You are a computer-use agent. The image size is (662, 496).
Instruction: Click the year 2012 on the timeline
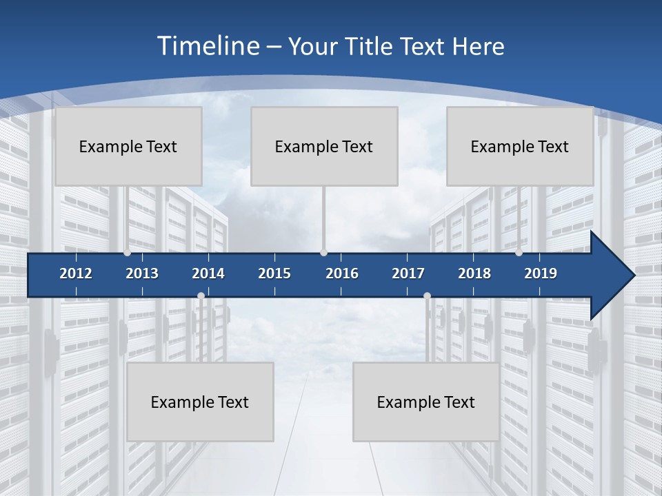pyautogui.click(x=76, y=273)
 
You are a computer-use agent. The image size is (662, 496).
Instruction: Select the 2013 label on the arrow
pyautogui.click(x=142, y=273)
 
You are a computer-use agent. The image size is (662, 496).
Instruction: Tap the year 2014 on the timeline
pyautogui.click(x=208, y=273)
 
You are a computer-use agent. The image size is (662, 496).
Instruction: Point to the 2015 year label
pyautogui.click(x=274, y=273)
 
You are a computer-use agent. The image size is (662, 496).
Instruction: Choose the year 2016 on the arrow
pyautogui.click(x=342, y=273)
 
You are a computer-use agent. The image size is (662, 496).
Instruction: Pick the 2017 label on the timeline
pyautogui.click(x=408, y=273)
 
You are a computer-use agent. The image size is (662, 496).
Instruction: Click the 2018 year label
pyautogui.click(x=474, y=273)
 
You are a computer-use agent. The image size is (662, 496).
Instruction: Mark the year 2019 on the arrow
pyautogui.click(x=541, y=273)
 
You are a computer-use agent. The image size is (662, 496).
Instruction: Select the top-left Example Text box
pyautogui.click(x=128, y=146)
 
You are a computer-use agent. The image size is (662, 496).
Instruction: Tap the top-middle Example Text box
pyautogui.click(x=324, y=146)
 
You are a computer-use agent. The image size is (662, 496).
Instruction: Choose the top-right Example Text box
pyautogui.click(x=520, y=146)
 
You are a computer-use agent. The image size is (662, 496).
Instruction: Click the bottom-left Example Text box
pyautogui.click(x=200, y=402)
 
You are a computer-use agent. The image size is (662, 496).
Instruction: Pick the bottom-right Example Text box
pyautogui.click(x=426, y=402)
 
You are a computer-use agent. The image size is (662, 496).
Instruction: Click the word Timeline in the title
pyautogui.click(x=208, y=46)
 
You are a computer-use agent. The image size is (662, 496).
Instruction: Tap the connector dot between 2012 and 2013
pyautogui.click(x=127, y=253)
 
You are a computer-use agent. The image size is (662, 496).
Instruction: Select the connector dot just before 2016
pyautogui.click(x=323, y=253)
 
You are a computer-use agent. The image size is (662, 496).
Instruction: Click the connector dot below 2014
pyautogui.click(x=201, y=296)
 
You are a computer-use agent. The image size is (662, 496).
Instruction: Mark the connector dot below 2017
pyautogui.click(x=427, y=296)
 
